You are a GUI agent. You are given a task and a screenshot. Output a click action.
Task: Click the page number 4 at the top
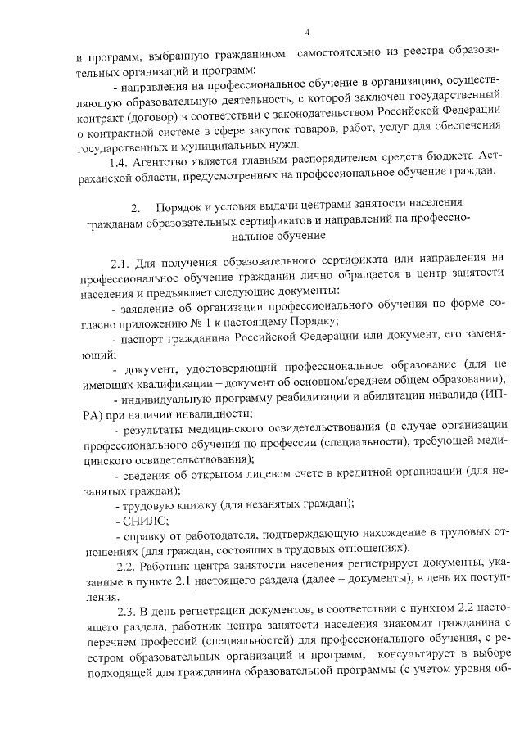(305, 33)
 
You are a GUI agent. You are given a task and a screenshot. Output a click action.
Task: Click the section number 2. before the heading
(136, 205)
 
